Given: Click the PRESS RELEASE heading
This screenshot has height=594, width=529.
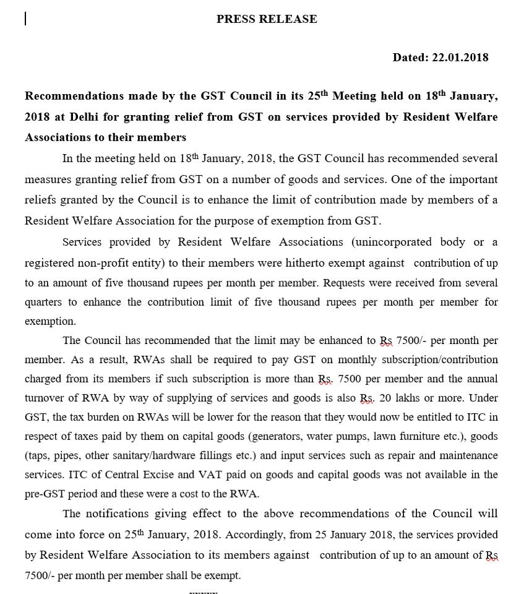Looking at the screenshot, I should [x=267, y=19].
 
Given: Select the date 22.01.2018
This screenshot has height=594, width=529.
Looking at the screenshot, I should [x=460, y=58].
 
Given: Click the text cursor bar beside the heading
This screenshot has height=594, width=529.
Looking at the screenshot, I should [x=25, y=19].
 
